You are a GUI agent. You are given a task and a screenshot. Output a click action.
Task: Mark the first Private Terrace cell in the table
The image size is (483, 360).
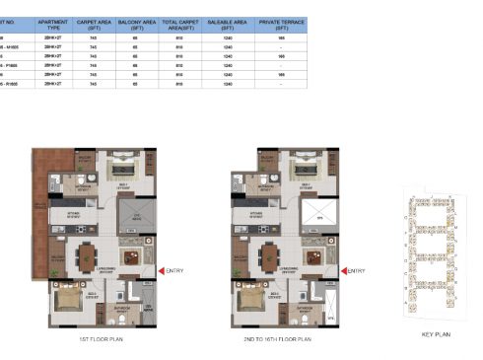(x=281, y=37)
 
